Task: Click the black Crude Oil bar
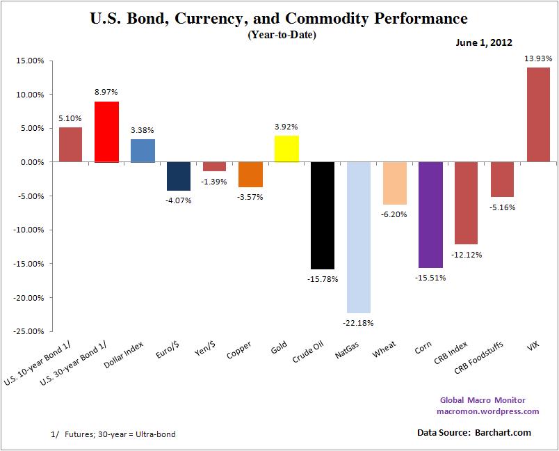click(323, 215)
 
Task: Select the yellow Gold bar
click(286, 149)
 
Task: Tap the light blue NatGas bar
click(359, 237)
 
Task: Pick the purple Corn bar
click(431, 214)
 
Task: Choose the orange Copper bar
click(250, 174)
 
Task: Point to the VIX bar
click(539, 115)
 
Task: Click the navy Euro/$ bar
click(178, 176)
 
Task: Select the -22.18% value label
click(359, 323)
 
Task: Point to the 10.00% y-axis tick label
click(30, 95)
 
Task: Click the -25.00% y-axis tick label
click(29, 331)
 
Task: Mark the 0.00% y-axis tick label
click(32, 162)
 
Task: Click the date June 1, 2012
click(484, 42)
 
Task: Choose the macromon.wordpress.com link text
click(487, 411)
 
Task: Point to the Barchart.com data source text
click(503, 433)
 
